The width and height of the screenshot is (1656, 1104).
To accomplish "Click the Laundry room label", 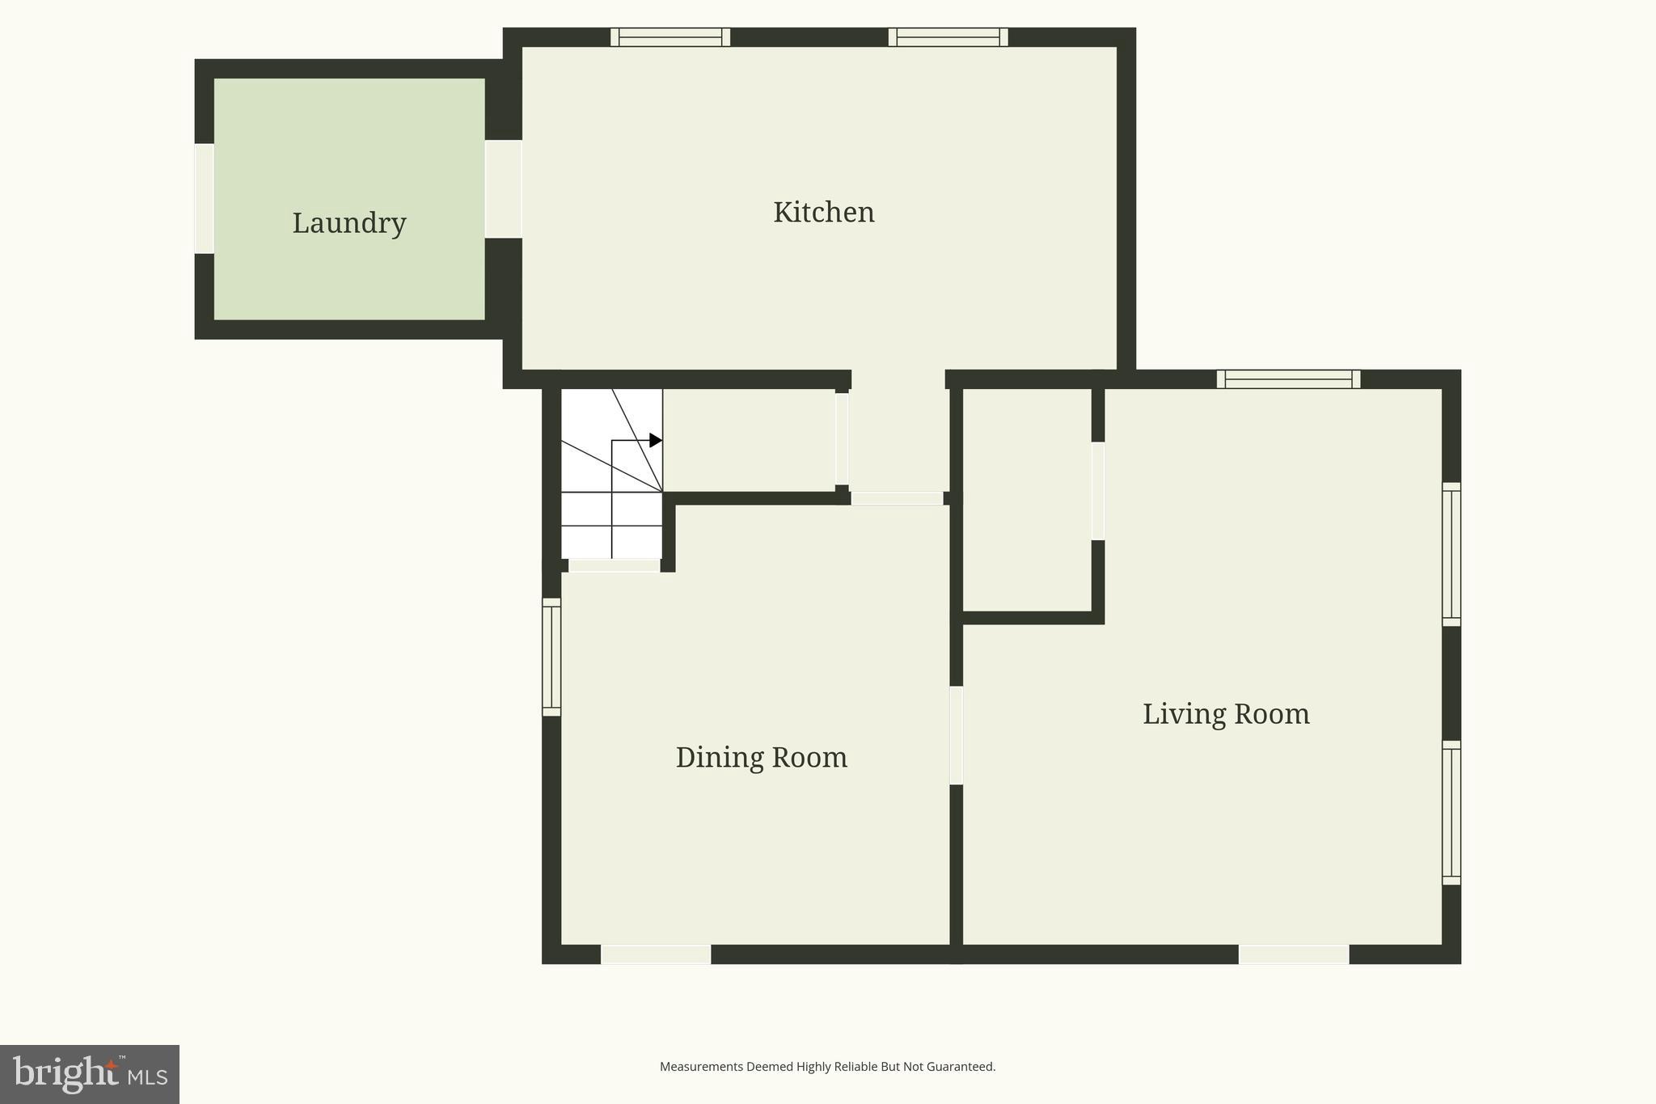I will pos(349,223).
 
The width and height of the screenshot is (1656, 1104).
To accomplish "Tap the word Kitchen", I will pos(823,212).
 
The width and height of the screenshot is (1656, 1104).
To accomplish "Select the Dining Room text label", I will pos(761,757).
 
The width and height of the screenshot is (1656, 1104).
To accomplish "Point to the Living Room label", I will pos(1226,713).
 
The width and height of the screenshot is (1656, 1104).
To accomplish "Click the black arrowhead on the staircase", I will pos(656,440).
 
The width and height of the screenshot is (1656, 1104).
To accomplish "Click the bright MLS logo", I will pos(90,1074).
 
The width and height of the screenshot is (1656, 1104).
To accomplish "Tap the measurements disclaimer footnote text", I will pos(827,1067).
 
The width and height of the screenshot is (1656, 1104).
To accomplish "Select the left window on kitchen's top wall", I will pos(670,37).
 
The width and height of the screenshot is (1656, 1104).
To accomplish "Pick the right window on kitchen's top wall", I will pos(948,37).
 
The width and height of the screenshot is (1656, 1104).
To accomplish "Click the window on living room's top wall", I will pos(1288,379).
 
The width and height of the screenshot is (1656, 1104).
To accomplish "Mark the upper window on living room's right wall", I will pos(1451,554).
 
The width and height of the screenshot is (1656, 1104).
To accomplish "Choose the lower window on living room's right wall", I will pos(1451,812).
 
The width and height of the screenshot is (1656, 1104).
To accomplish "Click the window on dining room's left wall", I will pos(551,657).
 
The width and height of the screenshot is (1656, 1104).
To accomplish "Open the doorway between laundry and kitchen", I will pos(503,189).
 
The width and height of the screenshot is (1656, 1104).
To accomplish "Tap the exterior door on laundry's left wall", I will pos(205,198).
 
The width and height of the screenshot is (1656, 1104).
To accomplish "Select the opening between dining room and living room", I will pos(956,735).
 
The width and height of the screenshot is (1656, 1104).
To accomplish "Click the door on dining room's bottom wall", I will pos(656,954).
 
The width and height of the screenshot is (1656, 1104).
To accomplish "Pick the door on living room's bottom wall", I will pos(1294,954).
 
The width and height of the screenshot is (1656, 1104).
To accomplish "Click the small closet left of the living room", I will pos(1027,499).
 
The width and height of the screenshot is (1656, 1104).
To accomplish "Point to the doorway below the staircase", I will pos(614,565).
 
